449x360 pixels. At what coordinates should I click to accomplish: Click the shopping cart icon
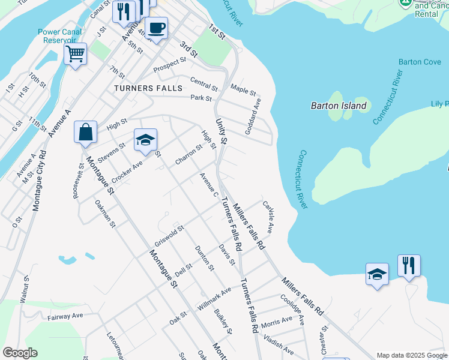point(76,54)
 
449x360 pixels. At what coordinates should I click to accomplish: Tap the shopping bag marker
point(85,132)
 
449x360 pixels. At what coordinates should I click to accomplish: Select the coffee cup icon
point(156,28)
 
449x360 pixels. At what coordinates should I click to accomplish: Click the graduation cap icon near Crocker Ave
point(145,140)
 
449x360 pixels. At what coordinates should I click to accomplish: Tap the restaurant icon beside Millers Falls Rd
point(409,265)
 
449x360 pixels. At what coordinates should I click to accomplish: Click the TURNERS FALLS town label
point(148,88)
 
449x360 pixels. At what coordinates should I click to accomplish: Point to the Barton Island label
point(339,106)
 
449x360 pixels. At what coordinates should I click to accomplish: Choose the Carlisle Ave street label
point(268,217)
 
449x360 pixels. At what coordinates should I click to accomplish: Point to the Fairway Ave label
point(65,315)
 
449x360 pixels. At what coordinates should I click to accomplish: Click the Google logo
point(20,353)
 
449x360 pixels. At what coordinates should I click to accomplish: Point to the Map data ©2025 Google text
point(411,355)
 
